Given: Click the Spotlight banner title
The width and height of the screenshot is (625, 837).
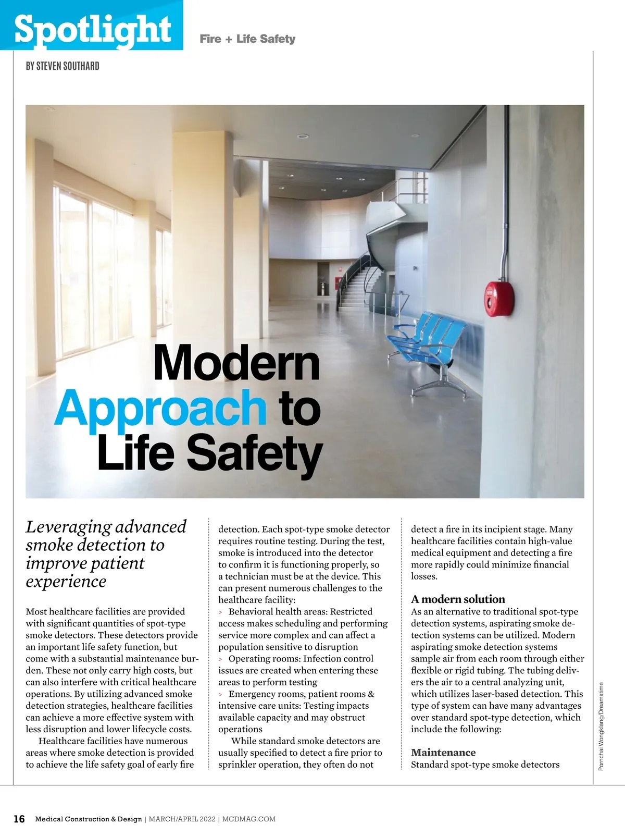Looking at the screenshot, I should [x=93, y=28].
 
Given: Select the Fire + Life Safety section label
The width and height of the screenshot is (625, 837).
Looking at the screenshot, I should [x=247, y=39].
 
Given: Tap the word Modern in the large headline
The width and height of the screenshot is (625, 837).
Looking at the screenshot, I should [x=236, y=363].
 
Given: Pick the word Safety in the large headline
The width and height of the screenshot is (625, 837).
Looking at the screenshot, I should [x=254, y=453].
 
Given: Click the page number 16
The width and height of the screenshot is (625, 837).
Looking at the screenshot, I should [x=19, y=819].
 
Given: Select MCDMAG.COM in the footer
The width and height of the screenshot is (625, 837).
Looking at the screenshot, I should [x=249, y=819].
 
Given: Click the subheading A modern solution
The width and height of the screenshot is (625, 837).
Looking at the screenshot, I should [x=458, y=599].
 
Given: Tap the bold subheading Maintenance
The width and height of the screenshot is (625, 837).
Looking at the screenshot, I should [x=443, y=752].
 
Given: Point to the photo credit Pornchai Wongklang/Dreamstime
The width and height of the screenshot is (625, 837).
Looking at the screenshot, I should [x=602, y=727].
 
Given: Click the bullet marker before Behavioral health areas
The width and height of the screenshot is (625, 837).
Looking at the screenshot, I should [x=221, y=612].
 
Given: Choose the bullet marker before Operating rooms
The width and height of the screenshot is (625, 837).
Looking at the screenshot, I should [x=221, y=659].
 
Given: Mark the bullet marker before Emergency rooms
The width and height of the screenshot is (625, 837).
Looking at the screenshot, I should [x=221, y=694].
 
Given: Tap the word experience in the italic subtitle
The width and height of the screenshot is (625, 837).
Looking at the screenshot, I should [x=66, y=581].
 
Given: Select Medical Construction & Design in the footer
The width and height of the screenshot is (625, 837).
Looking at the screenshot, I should [x=89, y=819].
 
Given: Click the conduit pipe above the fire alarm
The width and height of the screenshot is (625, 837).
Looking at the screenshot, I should [x=505, y=208].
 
